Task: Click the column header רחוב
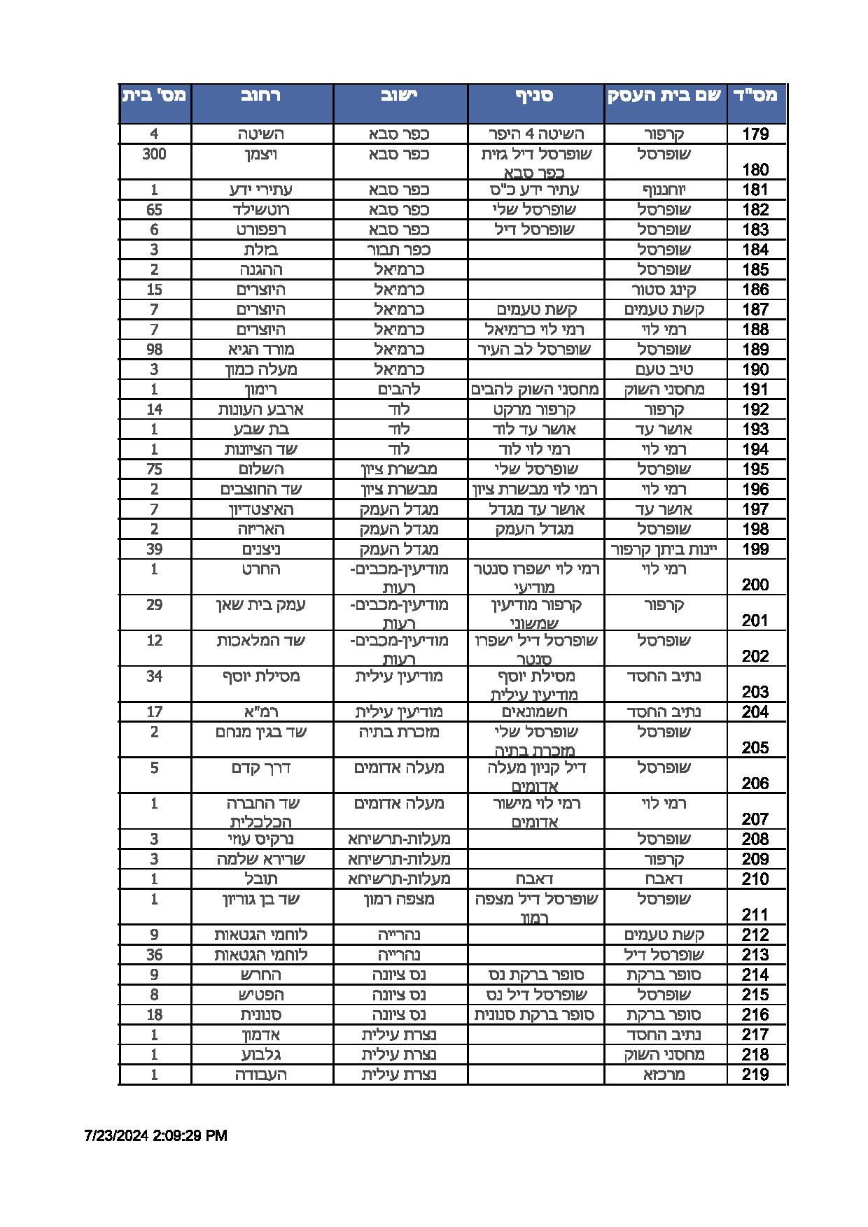(x=261, y=96)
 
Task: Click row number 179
(x=755, y=134)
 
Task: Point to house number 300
(x=154, y=154)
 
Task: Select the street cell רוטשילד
(x=261, y=209)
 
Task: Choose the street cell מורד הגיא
(x=261, y=349)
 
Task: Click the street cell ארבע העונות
(x=261, y=409)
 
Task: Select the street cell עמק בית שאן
(x=261, y=604)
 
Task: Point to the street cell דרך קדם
(x=261, y=767)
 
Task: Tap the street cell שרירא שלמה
(x=261, y=859)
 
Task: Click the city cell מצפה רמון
(x=400, y=899)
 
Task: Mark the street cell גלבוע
(x=261, y=1054)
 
